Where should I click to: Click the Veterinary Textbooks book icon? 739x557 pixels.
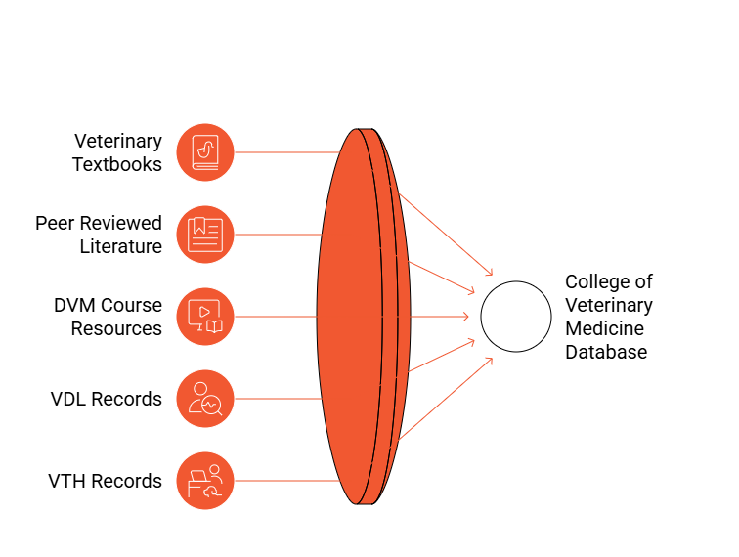click(205, 152)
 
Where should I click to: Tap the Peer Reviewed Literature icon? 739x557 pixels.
click(205, 235)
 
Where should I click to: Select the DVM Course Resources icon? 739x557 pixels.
click(205, 317)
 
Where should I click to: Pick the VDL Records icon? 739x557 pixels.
click(205, 399)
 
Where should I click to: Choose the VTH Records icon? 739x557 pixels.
click(205, 481)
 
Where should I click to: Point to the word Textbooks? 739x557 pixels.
click(117, 164)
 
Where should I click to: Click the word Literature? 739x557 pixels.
click(120, 246)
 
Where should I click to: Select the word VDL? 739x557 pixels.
click(68, 399)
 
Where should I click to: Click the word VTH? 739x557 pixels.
click(67, 481)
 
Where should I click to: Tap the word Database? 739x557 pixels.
click(606, 352)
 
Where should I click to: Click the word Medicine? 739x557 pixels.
click(605, 328)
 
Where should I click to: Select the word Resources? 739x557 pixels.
click(116, 328)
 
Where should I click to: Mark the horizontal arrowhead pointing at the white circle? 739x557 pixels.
click(465, 317)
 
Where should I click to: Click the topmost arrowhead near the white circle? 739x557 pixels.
click(489, 272)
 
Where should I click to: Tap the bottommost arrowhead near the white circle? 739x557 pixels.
click(489, 361)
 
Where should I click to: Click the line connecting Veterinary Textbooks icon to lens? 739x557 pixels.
click(286, 152)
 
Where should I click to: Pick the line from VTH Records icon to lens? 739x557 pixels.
click(286, 481)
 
